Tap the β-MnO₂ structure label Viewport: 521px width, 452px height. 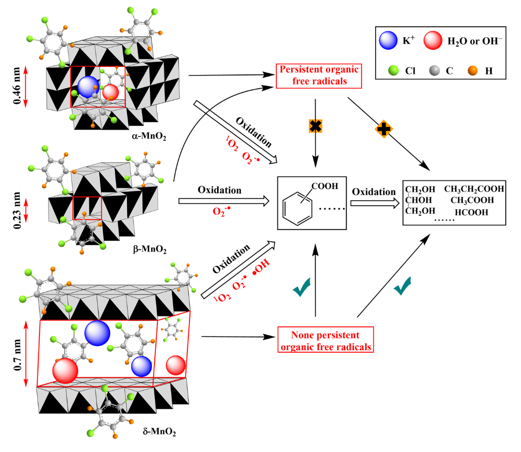pyautogui.click(x=150, y=249)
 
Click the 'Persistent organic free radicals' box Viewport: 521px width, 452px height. pyautogui.click(x=317, y=75)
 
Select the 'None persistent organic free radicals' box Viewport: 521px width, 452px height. pyautogui.click(x=325, y=341)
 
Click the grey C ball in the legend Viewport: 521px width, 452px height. pyautogui.click(x=434, y=71)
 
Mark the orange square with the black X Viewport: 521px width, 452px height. pyautogui.click(x=316, y=126)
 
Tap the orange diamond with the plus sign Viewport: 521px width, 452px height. pyautogui.click(x=384, y=129)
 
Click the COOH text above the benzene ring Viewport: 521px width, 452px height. pyautogui.click(x=328, y=186)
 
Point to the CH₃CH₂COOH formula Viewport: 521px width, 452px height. pyautogui.click(x=474, y=189)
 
